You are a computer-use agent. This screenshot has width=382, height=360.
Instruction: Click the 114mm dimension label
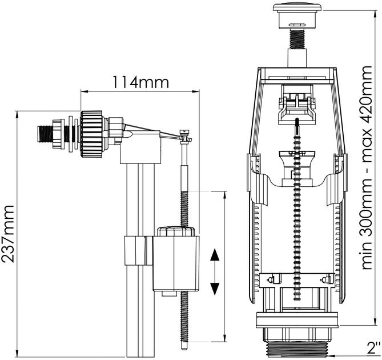coord(140,82)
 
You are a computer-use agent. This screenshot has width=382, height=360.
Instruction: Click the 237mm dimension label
coord(7,234)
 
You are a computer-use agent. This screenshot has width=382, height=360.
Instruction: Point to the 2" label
coord(373,347)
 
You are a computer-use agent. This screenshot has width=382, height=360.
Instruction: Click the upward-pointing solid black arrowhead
coord(215,254)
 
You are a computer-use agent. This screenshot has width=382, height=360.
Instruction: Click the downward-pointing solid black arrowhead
coord(215,289)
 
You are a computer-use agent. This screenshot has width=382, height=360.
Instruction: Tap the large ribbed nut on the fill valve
coord(91,133)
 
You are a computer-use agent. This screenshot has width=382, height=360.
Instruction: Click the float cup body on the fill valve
coord(176,263)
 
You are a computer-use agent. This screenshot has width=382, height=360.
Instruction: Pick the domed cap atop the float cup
coord(176,231)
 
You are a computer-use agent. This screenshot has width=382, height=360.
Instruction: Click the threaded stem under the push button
coord(297,39)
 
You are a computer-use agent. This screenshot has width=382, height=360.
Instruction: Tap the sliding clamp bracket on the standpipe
coord(138,250)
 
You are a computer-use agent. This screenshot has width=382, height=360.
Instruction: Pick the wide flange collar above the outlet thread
coord(297,320)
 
